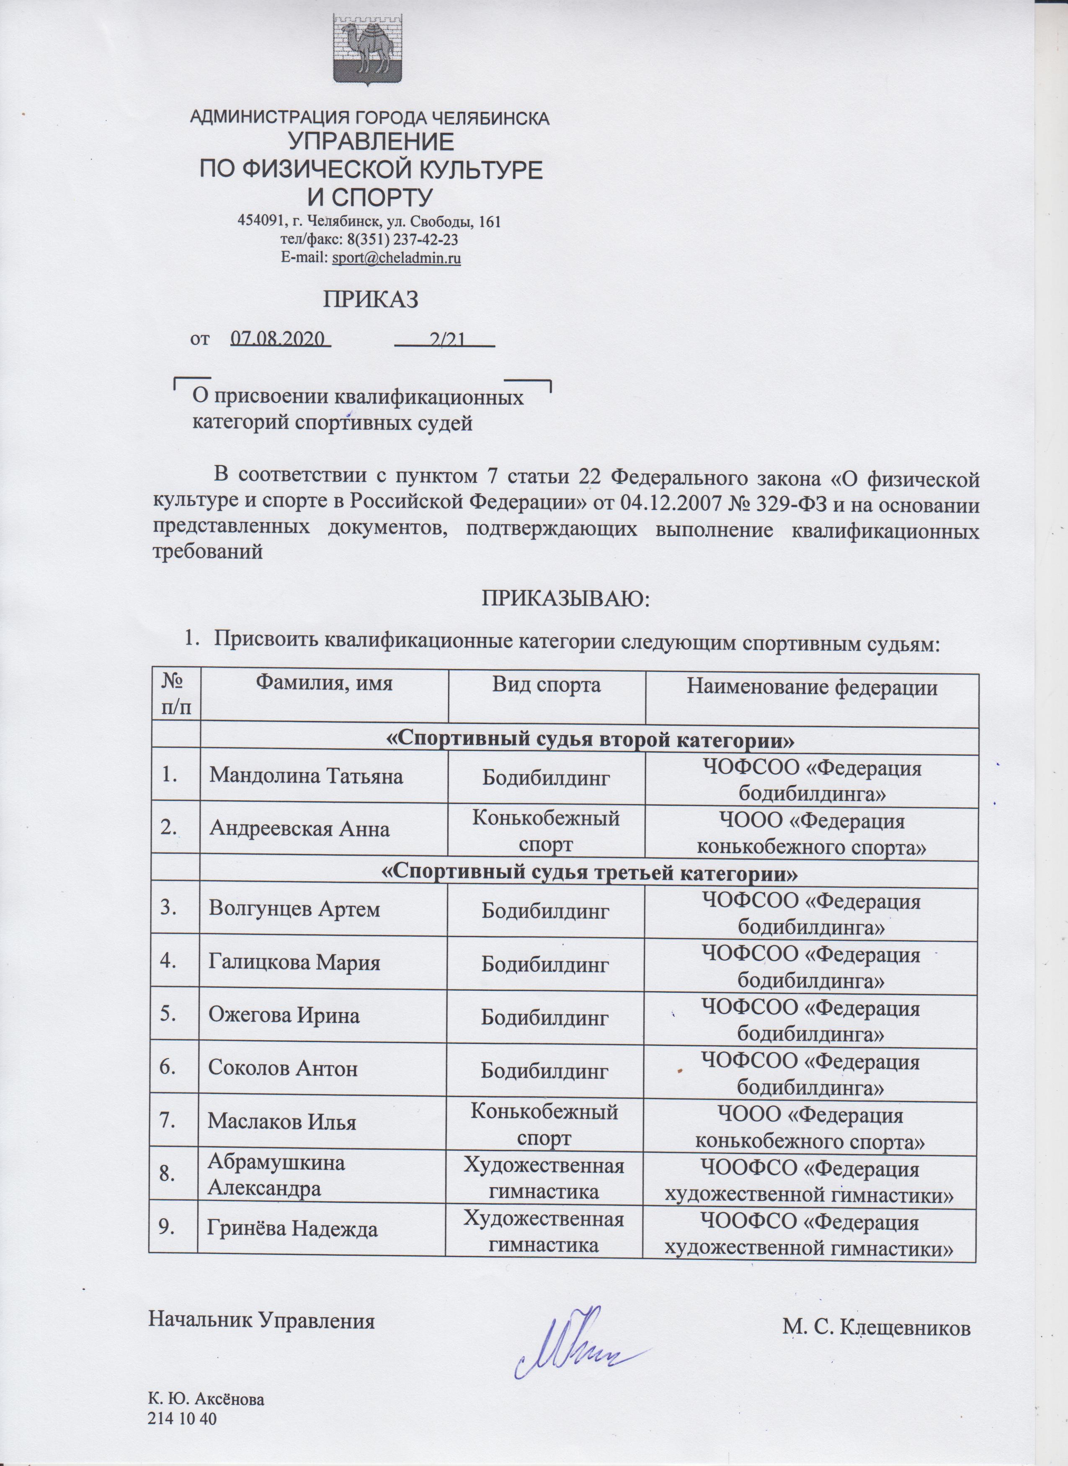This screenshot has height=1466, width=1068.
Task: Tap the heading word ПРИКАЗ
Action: (x=370, y=299)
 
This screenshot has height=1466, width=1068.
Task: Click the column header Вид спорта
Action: (x=546, y=685)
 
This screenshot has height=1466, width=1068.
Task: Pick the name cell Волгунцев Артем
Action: (x=294, y=909)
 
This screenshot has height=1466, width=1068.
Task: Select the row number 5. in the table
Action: (x=169, y=1014)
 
